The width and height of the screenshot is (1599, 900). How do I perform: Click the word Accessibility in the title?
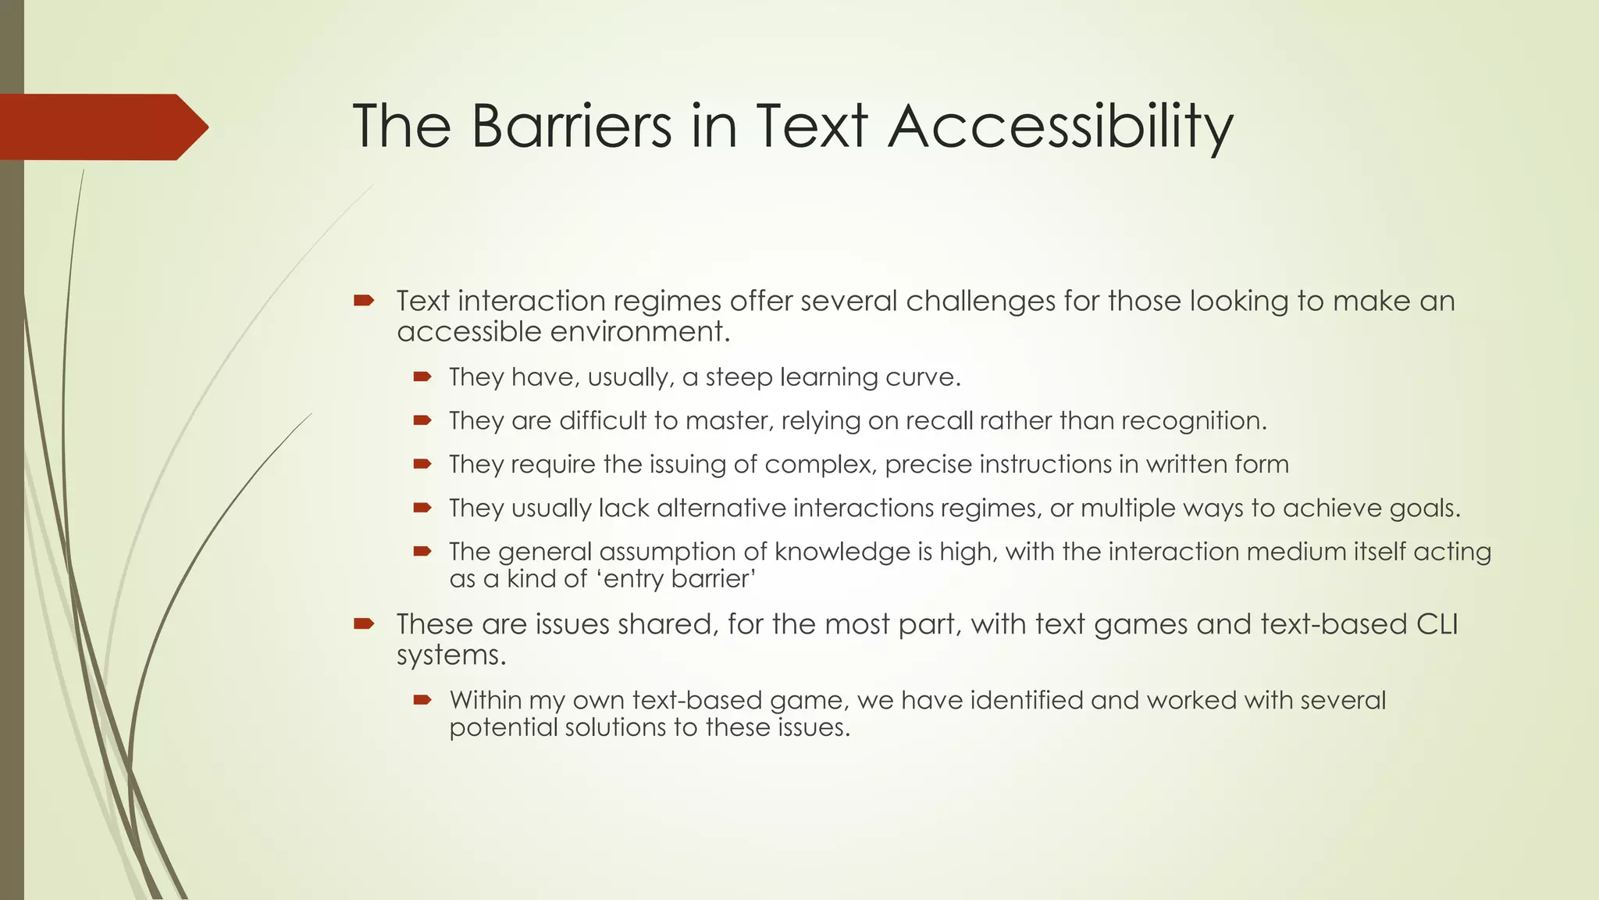(x=1060, y=127)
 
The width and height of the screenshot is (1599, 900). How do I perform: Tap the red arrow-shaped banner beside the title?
(x=101, y=127)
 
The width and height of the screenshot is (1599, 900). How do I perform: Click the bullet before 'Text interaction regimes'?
(x=364, y=300)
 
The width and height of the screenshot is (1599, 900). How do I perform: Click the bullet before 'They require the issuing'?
(x=422, y=464)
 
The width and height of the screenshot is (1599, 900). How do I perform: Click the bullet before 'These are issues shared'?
(x=364, y=623)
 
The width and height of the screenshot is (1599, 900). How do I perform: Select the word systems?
(x=450, y=655)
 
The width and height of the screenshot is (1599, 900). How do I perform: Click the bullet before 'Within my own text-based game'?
(x=422, y=700)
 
